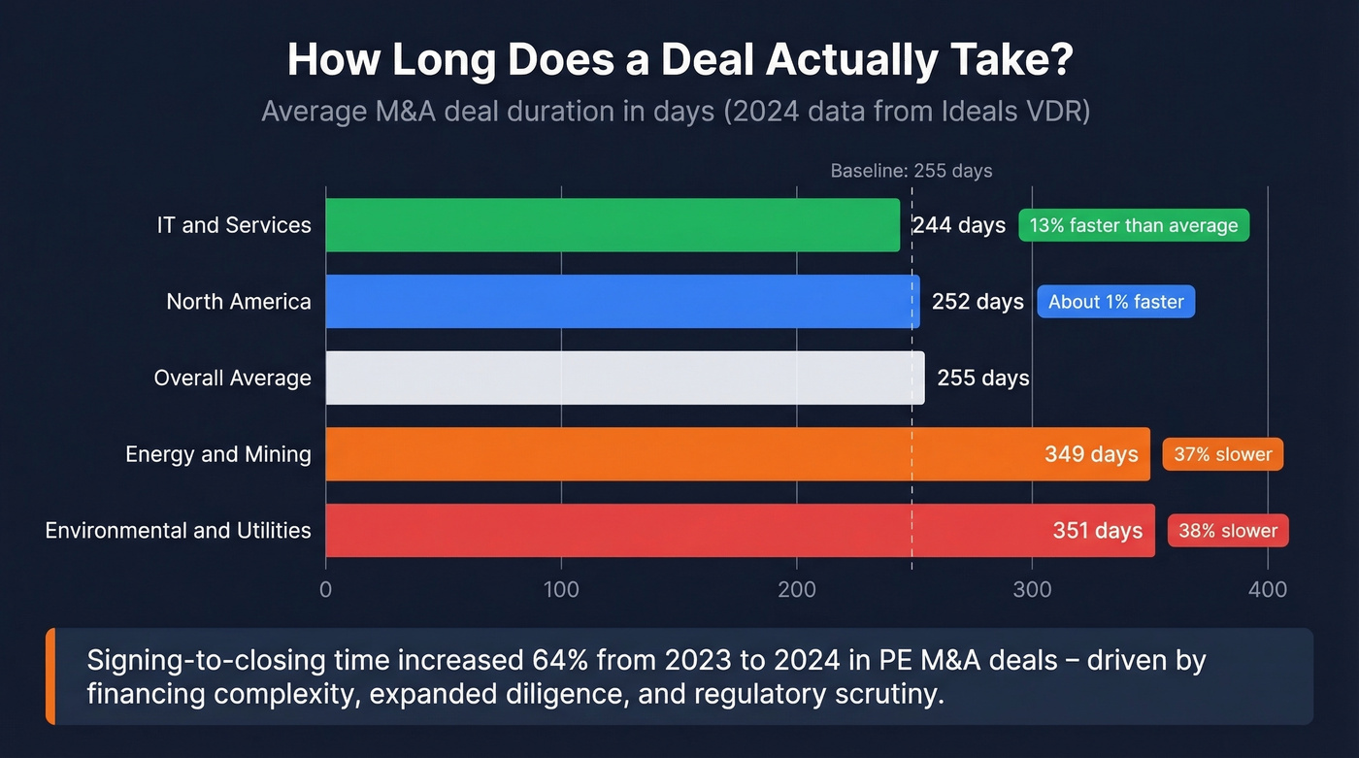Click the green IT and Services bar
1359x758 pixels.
click(612, 225)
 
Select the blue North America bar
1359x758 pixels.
click(621, 302)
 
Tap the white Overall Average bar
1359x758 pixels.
click(624, 378)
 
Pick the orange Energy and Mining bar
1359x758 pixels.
click(679, 454)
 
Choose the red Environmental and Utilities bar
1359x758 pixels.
click(679, 530)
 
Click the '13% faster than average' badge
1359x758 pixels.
click(1133, 226)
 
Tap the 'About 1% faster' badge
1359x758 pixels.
click(1115, 302)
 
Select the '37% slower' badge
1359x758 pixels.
click(1222, 454)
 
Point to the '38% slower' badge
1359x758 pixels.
click(1227, 531)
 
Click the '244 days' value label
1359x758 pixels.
click(958, 225)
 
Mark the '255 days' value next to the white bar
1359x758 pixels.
click(982, 378)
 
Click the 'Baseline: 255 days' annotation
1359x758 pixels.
click(911, 171)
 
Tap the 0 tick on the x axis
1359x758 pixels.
click(325, 589)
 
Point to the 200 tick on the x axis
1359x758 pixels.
click(796, 589)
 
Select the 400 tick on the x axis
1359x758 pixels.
click(1267, 589)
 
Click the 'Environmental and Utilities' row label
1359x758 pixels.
click(178, 530)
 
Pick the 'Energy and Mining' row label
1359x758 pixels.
click(217, 454)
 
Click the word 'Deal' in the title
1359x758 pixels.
click(706, 61)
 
